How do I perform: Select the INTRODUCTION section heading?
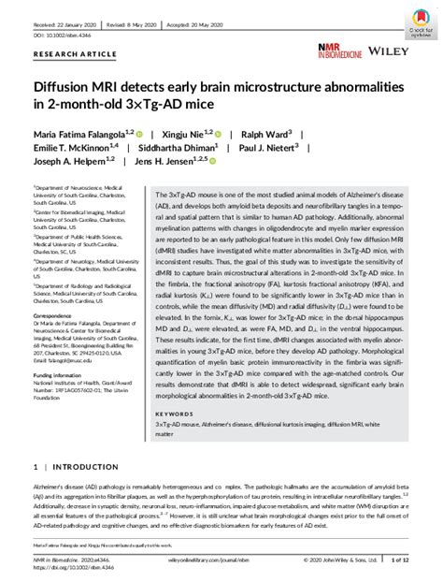pyautogui.click(x=82, y=465)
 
